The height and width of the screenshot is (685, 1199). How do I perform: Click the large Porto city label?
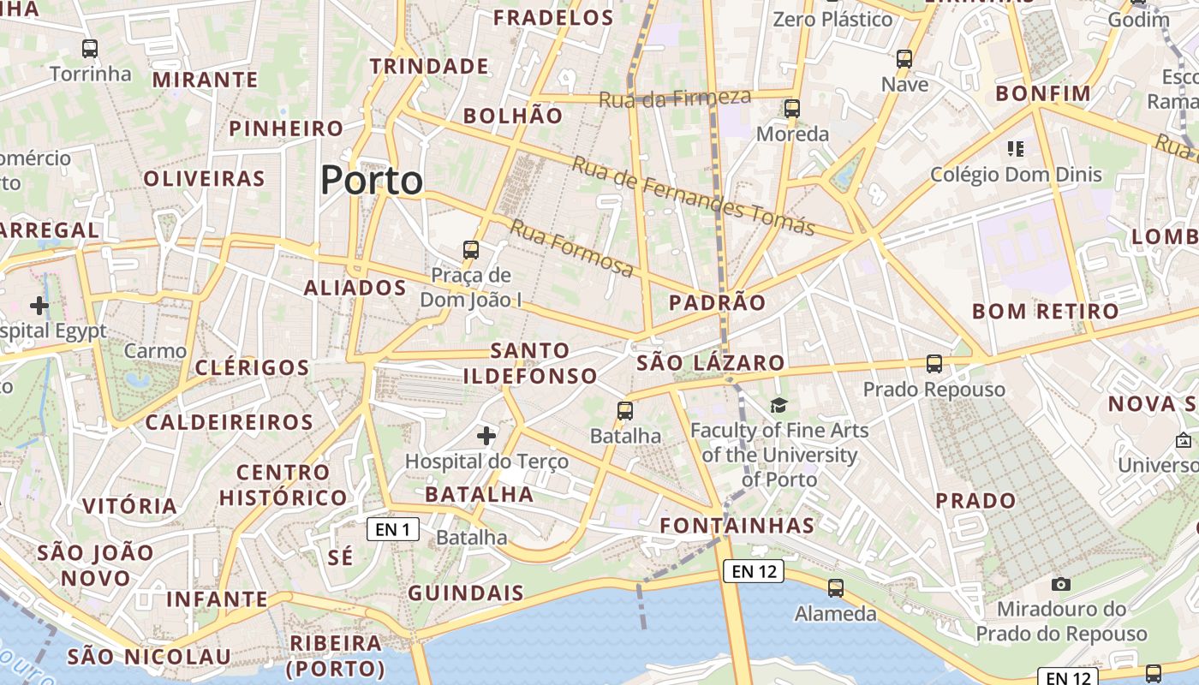pos(372,181)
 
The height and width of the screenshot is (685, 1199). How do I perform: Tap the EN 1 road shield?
pos(393,529)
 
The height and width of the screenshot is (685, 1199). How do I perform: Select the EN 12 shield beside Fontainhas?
pos(754,571)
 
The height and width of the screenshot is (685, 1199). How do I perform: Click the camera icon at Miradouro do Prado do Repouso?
pos(1061,584)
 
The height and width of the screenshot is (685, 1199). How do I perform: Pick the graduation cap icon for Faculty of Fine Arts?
pos(778,405)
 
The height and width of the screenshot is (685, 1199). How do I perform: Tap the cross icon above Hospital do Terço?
pos(486,436)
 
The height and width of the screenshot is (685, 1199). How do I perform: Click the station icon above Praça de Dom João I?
pos(471,250)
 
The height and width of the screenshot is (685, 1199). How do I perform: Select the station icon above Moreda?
pos(792,109)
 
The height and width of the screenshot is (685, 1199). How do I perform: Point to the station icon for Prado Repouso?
pos(934,364)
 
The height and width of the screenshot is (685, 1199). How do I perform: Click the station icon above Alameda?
pos(836,588)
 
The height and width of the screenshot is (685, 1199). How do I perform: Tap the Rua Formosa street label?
pos(571,248)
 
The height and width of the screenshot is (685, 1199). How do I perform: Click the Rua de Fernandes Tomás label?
pos(693,195)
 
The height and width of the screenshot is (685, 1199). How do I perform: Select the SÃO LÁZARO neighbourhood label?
pos(711,363)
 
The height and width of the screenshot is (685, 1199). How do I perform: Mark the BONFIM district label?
pos(1043,93)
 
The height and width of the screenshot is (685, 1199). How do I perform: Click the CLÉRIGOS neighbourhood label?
pos(252,368)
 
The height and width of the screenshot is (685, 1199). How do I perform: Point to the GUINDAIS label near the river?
pos(466,593)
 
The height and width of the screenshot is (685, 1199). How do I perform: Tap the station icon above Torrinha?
pos(90,49)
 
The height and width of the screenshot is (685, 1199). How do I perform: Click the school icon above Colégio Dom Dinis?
pos(1017,149)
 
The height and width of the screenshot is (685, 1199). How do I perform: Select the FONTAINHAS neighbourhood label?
pos(737,526)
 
